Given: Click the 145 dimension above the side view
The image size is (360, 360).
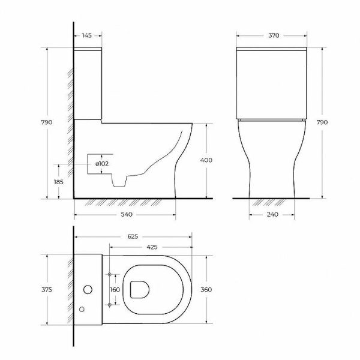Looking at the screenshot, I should point(87,35).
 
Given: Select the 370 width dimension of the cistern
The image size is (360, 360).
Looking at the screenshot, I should point(274,35).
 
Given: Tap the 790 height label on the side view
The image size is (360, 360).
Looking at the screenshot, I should point(47,122).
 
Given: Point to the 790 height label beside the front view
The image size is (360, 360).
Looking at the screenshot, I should point(322,122).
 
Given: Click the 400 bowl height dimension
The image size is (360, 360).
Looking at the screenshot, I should point(207,161).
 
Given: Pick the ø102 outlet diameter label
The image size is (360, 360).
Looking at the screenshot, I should point(101,163).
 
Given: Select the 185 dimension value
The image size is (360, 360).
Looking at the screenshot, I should point(58,181).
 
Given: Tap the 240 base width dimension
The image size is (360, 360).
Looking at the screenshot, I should point(272,214).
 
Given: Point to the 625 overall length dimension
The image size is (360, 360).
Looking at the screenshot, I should point(133,236).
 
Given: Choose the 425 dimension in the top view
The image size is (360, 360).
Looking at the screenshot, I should point(152,246).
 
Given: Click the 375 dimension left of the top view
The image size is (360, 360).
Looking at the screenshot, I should point(47,290).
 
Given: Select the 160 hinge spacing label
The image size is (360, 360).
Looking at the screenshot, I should point(115,290).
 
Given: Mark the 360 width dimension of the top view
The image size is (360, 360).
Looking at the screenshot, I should point(206,290).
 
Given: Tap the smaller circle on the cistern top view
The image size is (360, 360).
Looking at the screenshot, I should point(82,310).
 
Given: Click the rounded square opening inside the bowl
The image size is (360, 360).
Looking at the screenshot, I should point(139,289).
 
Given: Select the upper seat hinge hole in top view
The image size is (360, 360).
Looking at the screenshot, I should point(110,275).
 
